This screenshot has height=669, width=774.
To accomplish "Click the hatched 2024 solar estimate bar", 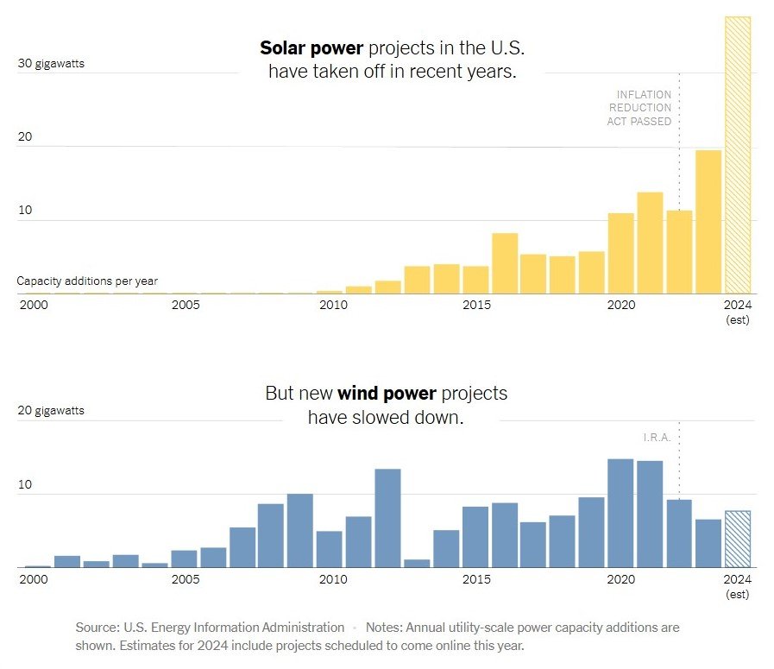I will click(x=738, y=155).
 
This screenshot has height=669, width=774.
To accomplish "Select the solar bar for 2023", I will click(x=708, y=222).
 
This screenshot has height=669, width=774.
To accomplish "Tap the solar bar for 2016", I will click(x=505, y=263).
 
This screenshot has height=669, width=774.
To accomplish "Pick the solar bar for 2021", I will click(x=650, y=243).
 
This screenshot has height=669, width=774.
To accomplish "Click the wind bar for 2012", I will click(x=387, y=518).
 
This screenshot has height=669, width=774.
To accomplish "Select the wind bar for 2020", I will click(x=620, y=513).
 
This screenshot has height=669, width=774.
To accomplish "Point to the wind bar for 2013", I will click(x=417, y=563).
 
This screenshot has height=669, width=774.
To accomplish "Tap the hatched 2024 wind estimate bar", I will click(x=738, y=539).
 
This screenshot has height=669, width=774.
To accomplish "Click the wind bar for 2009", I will click(x=299, y=530).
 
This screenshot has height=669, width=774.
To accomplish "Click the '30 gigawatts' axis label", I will click(x=51, y=64).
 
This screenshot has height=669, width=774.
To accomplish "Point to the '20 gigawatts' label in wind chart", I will click(x=51, y=411).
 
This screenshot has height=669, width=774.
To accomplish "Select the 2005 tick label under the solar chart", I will click(x=186, y=305).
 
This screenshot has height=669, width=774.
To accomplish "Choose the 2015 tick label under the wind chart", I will click(x=476, y=578).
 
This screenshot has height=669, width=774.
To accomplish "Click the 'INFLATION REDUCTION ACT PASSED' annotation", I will click(x=639, y=108).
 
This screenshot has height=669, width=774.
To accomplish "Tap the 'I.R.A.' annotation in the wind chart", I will click(x=657, y=438).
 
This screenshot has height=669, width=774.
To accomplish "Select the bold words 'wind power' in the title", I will click(x=387, y=394).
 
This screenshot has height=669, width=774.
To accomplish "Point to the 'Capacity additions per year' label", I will click(x=87, y=281).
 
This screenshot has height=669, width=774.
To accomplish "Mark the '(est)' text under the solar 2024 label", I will click(x=738, y=320).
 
